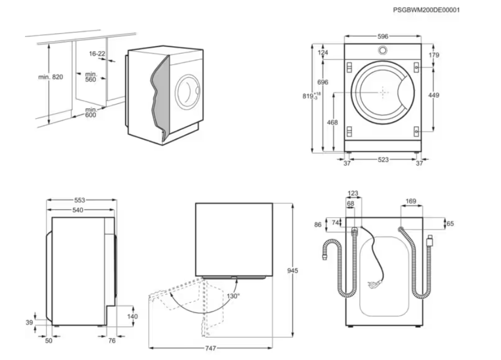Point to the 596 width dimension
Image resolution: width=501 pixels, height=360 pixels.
383,37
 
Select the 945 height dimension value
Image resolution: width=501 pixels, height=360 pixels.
292,270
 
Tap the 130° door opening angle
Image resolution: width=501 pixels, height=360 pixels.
233,296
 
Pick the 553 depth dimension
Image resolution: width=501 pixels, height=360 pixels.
80,200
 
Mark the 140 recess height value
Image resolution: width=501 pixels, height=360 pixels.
132,316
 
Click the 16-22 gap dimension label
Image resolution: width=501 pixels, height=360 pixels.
97,53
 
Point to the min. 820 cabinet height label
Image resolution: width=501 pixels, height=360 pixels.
51,77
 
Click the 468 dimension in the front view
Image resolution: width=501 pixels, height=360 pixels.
333,123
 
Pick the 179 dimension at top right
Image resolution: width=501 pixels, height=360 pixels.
434,55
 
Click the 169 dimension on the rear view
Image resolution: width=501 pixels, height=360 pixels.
411,202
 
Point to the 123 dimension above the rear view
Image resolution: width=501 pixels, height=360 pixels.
353,193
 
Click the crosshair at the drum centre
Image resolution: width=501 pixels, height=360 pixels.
383,92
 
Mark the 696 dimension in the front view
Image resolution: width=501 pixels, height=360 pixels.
323,83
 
